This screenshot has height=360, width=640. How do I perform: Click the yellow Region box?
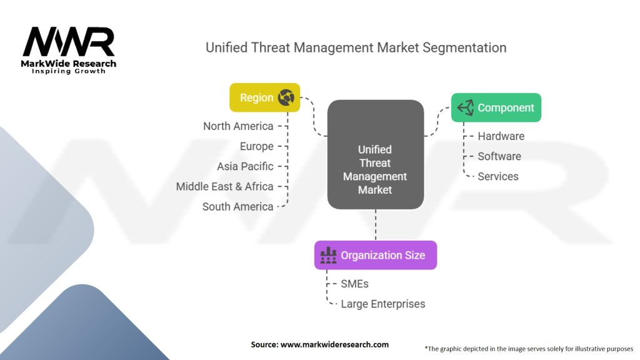(x=264, y=97)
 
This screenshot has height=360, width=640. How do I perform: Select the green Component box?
(x=496, y=107)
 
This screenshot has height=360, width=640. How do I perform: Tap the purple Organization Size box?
(x=376, y=255)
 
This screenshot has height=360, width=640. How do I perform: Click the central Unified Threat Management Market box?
(x=376, y=155)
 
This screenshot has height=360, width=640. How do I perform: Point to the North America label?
(x=238, y=126)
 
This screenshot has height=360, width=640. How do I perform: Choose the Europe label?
(x=257, y=146)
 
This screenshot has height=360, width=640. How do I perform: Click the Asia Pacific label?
(x=245, y=166)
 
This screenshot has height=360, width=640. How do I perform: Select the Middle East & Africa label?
(x=225, y=186)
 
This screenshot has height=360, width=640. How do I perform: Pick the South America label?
(x=238, y=206)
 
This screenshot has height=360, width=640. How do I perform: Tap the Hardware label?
(x=501, y=136)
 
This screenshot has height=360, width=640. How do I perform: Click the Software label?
(x=499, y=156)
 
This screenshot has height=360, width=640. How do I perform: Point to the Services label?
(x=498, y=176)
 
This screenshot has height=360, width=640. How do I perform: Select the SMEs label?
(x=355, y=284)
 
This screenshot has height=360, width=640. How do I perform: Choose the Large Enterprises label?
(x=383, y=304)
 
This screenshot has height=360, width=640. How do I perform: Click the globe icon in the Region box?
(x=286, y=97)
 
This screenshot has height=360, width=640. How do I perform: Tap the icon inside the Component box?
(x=466, y=107)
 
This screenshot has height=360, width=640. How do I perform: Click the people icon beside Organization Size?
(x=329, y=255)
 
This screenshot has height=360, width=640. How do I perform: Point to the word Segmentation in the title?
(x=464, y=47)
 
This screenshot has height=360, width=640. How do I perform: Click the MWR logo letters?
(x=69, y=42)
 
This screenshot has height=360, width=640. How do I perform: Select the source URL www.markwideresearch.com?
(x=335, y=344)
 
